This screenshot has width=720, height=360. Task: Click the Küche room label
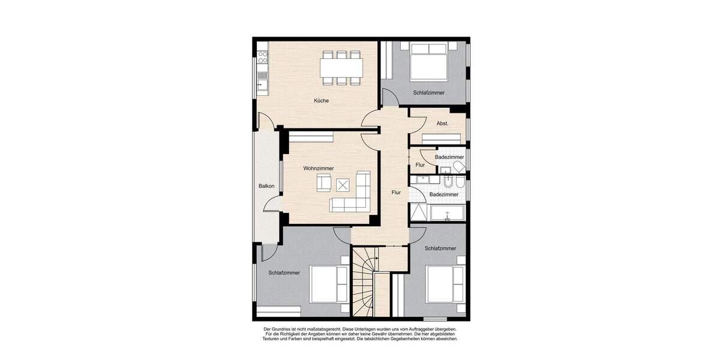tap(321, 101)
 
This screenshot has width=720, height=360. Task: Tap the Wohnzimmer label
tap(319, 169)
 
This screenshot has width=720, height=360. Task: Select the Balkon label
tap(266, 186)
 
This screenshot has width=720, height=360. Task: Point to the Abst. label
tap(443, 124)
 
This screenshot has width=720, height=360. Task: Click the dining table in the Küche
tap(341, 65)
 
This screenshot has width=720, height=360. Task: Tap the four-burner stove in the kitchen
tap(262, 58)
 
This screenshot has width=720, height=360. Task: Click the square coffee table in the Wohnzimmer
tap(343, 185)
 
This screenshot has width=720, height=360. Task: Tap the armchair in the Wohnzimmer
tap(324, 182)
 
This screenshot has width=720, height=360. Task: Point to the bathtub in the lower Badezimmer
tap(446, 212)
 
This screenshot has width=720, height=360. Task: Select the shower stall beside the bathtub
tap(418, 212)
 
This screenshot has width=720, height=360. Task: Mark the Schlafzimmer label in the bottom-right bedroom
tap(440, 248)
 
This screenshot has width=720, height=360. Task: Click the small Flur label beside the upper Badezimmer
tap(420, 165)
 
